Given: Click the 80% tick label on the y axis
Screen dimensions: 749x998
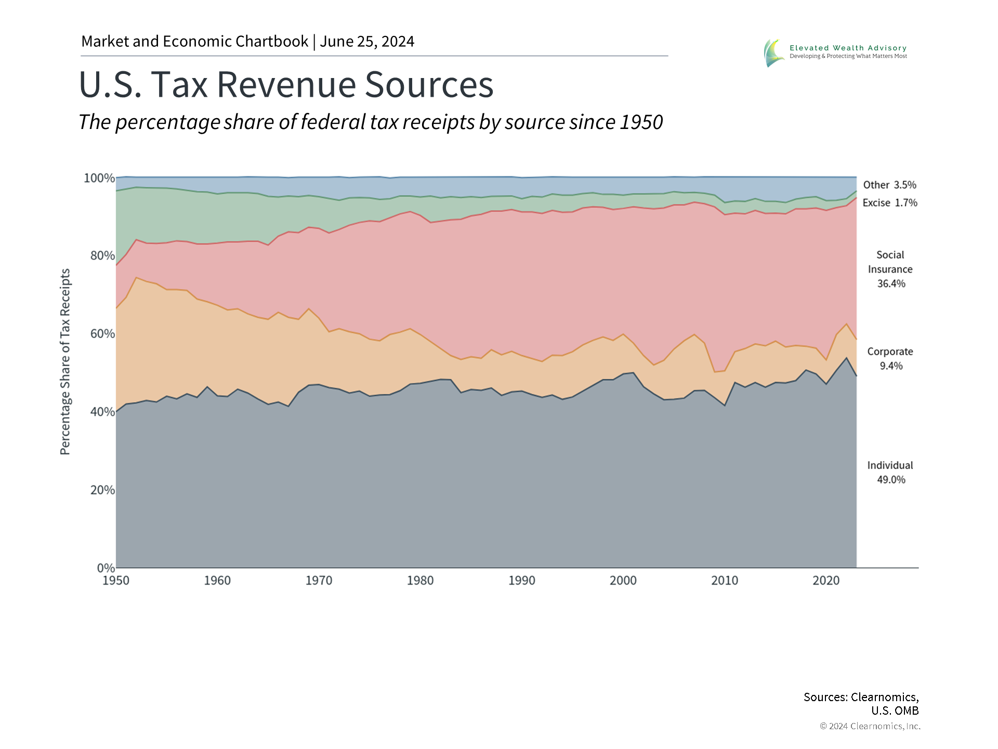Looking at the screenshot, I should click(x=102, y=256).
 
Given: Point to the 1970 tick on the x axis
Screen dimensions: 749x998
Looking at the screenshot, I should click(x=319, y=580).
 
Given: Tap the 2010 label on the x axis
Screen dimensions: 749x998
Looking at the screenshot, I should click(x=725, y=580).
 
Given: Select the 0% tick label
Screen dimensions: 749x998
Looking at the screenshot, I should click(x=106, y=568).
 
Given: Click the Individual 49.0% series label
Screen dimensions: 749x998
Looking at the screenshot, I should click(x=890, y=472).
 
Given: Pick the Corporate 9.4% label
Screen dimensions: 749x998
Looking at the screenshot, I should click(x=890, y=358).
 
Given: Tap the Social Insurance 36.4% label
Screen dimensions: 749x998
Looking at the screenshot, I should click(x=890, y=269).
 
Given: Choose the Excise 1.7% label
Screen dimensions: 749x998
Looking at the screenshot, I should click(x=889, y=203).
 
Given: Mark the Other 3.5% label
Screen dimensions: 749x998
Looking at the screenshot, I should click(x=889, y=185).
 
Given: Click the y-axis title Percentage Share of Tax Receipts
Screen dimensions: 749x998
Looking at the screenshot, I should click(x=65, y=361).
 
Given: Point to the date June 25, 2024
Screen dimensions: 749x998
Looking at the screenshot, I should click(x=367, y=42).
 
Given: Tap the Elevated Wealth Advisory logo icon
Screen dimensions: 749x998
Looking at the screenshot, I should click(x=774, y=53).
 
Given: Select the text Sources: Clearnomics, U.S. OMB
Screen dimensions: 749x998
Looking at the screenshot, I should click(x=861, y=703).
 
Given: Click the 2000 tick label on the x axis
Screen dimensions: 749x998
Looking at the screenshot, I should click(x=623, y=580).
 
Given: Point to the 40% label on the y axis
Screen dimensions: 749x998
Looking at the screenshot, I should click(x=102, y=412).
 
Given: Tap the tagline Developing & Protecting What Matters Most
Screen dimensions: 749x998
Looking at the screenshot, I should click(x=848, y=56).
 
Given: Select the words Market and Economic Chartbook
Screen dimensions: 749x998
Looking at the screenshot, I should click(x=194, y=42).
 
